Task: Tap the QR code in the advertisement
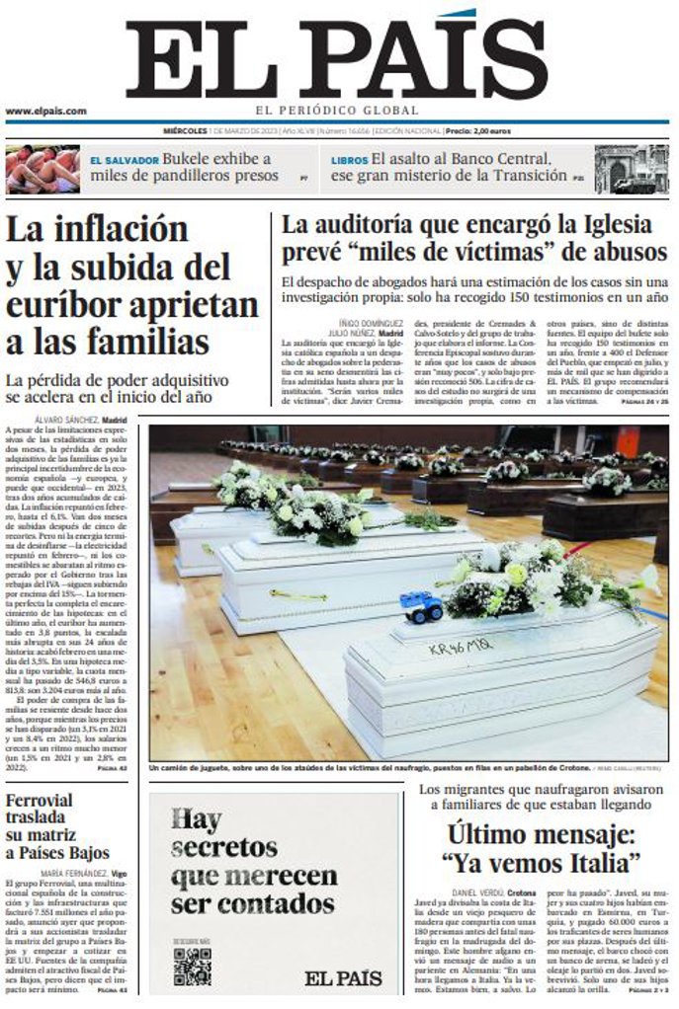pos(192,967)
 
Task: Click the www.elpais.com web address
pos(45,112)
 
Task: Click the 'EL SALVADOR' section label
pos(124,159)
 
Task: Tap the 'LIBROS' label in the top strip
pos(349,159)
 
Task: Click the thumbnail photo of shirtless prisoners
pos(42,169)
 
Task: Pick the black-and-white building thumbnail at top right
pos(631,169)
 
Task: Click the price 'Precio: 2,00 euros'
pos(477,131)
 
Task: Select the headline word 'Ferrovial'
pos(39,801)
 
